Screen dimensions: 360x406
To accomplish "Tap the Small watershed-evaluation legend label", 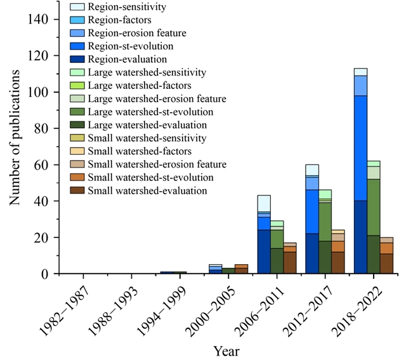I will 148,190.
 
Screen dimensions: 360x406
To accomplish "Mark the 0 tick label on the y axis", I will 46,274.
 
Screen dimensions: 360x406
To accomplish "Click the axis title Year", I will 226,350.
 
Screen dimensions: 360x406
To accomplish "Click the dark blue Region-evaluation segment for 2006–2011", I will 263,251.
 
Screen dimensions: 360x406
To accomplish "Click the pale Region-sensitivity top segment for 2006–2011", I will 263,203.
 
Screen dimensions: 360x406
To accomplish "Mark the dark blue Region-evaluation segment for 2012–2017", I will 312,253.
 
